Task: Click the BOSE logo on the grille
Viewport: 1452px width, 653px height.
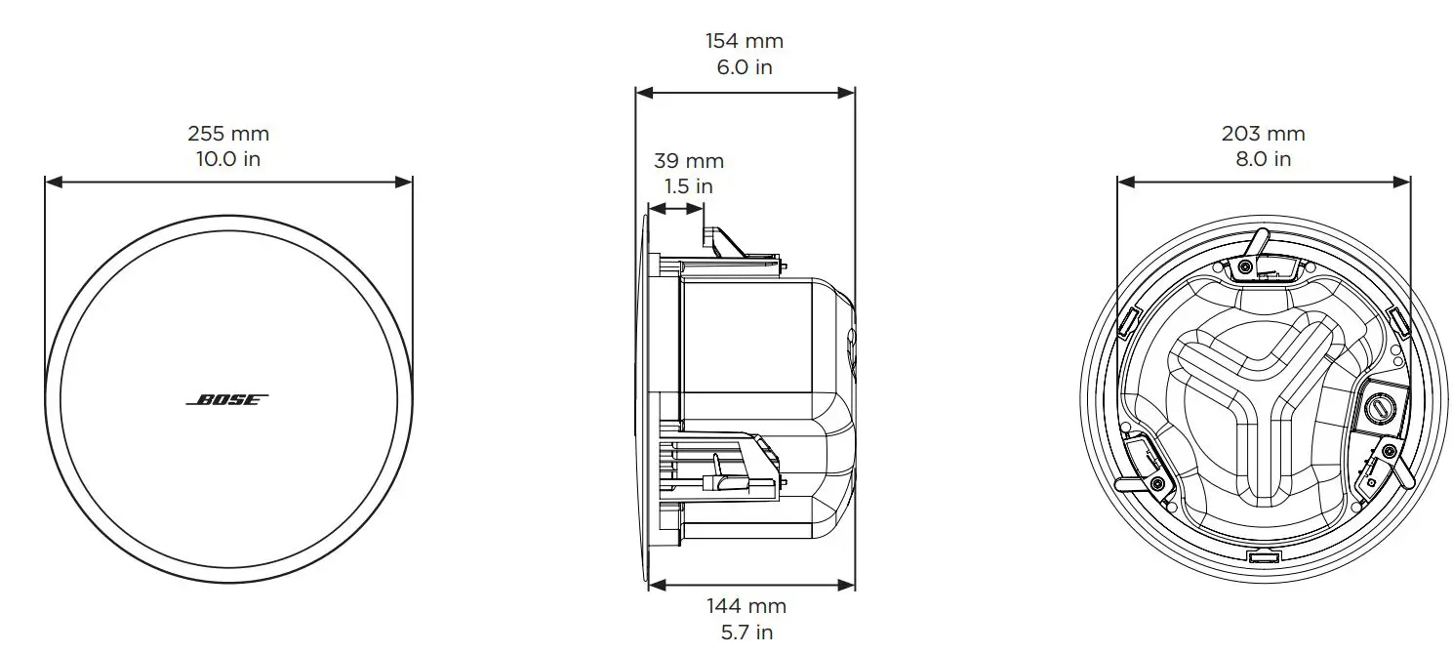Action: pos(226,400)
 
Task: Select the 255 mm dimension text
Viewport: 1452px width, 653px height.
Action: pos(227,134)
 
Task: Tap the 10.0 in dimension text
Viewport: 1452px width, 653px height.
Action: pos(227,158)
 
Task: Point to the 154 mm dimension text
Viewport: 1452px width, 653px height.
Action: pos(744,41)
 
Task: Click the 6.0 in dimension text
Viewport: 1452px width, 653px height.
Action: pos(744,66)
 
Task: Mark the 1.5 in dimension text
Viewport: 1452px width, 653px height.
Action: pos(688,185)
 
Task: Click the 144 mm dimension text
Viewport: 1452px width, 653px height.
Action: pos(746,606)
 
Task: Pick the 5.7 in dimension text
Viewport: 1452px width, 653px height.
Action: pos(746,632)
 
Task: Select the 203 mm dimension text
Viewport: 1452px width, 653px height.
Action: pos(1263,134)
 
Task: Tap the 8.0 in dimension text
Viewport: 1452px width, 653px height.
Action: pos(1263,158)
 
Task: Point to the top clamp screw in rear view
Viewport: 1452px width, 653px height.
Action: pos(1245,267)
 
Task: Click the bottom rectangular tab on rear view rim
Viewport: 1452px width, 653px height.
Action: pos(1263,557)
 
